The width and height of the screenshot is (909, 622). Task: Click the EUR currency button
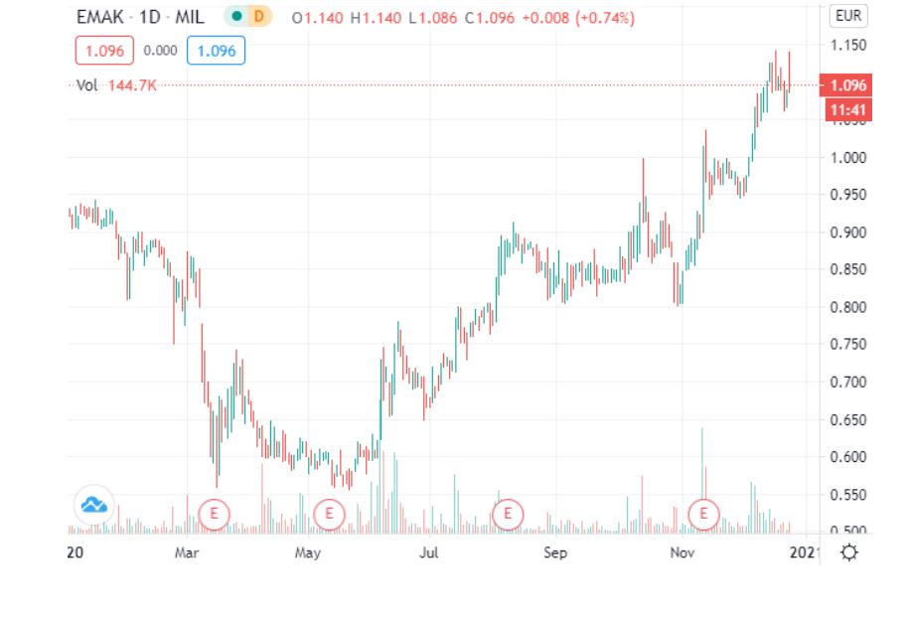(847, 16)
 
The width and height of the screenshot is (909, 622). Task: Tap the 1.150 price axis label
(848, 46)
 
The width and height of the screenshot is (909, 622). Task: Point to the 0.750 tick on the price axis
(848, 345)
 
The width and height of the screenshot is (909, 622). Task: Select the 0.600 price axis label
(848, 457)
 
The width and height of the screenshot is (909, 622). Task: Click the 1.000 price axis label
(848, 158)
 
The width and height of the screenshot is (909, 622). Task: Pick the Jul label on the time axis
(429, 551)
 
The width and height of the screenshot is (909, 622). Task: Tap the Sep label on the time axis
(555, 551)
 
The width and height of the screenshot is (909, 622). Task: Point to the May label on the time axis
(308, 551)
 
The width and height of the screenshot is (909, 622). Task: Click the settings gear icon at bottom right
(848, 551)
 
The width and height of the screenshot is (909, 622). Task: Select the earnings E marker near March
(214, 514)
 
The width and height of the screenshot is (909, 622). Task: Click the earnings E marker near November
(703, 514)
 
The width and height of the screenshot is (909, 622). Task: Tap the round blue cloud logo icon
(94, 506)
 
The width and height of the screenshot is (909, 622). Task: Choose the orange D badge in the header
(260, 18)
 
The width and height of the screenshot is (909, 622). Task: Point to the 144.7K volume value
(134, 85)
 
